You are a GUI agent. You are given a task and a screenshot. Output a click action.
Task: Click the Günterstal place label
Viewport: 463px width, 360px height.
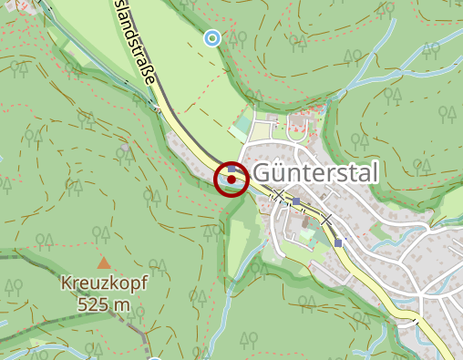tap(314, 172)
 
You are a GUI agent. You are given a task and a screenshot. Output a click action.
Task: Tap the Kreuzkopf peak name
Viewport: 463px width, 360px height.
tap(103, 283)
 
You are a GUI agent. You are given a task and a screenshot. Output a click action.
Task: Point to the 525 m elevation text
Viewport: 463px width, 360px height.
tap(104, 304)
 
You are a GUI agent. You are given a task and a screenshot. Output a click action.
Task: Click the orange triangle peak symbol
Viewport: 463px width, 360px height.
tap(104, 263)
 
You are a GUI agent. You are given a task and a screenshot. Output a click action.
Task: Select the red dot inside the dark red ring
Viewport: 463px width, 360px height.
tap(231, 180)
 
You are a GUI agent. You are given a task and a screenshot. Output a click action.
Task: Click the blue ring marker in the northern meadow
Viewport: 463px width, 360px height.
tap(212, 37)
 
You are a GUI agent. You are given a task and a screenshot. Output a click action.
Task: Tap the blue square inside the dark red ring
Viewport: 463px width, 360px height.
tap(232, 169)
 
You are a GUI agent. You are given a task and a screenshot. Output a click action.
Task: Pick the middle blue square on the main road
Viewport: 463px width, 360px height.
tap(296, 201)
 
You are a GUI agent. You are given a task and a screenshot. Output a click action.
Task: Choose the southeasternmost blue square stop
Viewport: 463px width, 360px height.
tap(338, 242)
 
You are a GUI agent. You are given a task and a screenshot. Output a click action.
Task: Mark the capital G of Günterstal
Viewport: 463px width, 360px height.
tap(263, 172)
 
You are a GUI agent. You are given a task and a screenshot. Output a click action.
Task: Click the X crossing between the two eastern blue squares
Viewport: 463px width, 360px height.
tap(325, 221)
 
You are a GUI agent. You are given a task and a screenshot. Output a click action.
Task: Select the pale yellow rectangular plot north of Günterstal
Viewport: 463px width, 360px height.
tap(261, 131)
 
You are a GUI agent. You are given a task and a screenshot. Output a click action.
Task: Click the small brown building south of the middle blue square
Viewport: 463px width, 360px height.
tap(304, 221)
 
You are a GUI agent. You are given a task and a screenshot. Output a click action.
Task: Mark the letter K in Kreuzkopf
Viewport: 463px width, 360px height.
tap(67, 283)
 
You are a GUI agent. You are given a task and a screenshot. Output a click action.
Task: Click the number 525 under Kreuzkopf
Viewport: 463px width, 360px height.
tap(94, 304)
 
